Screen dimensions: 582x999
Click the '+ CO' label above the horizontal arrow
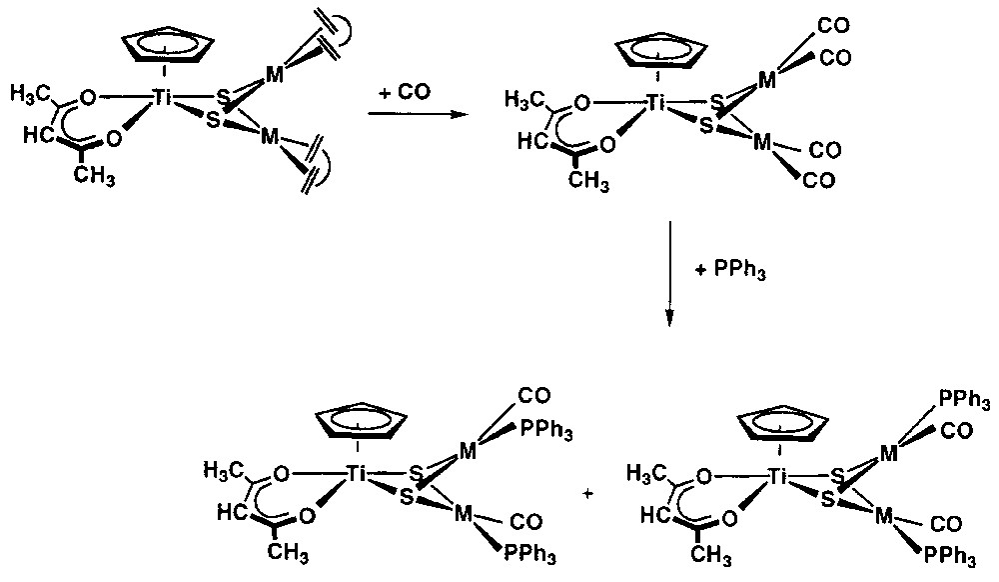(x=405, y=91)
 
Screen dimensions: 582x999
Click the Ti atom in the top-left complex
(x=163, y=97)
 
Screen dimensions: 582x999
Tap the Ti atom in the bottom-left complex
(x=355, y=475)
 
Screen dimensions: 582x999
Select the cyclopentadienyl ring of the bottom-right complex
(x=779, y=423)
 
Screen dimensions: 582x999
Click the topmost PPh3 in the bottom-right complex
(x=965, y=402)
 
